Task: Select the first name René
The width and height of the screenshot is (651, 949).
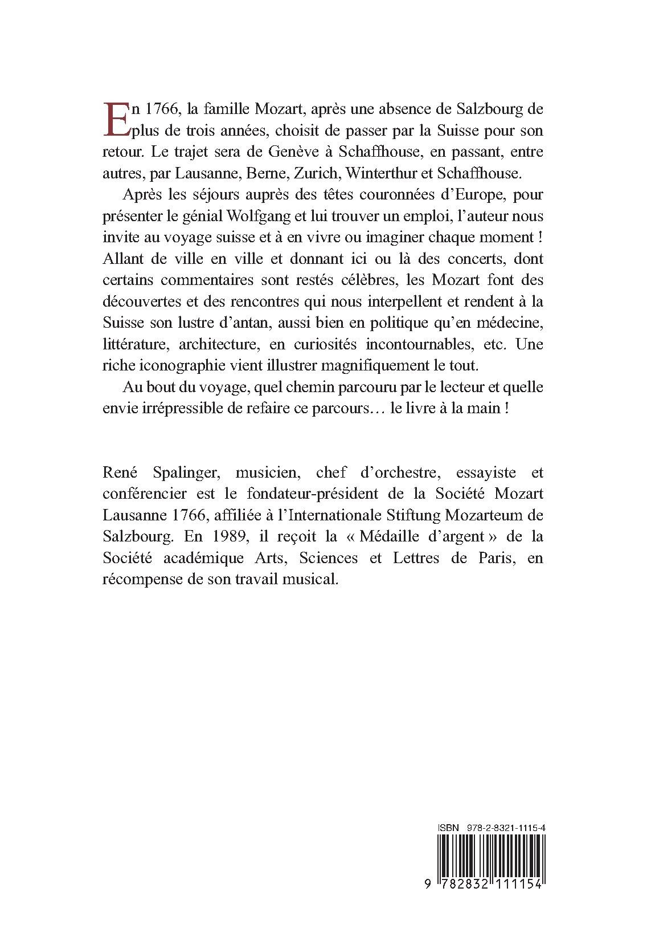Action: point(118,473)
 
